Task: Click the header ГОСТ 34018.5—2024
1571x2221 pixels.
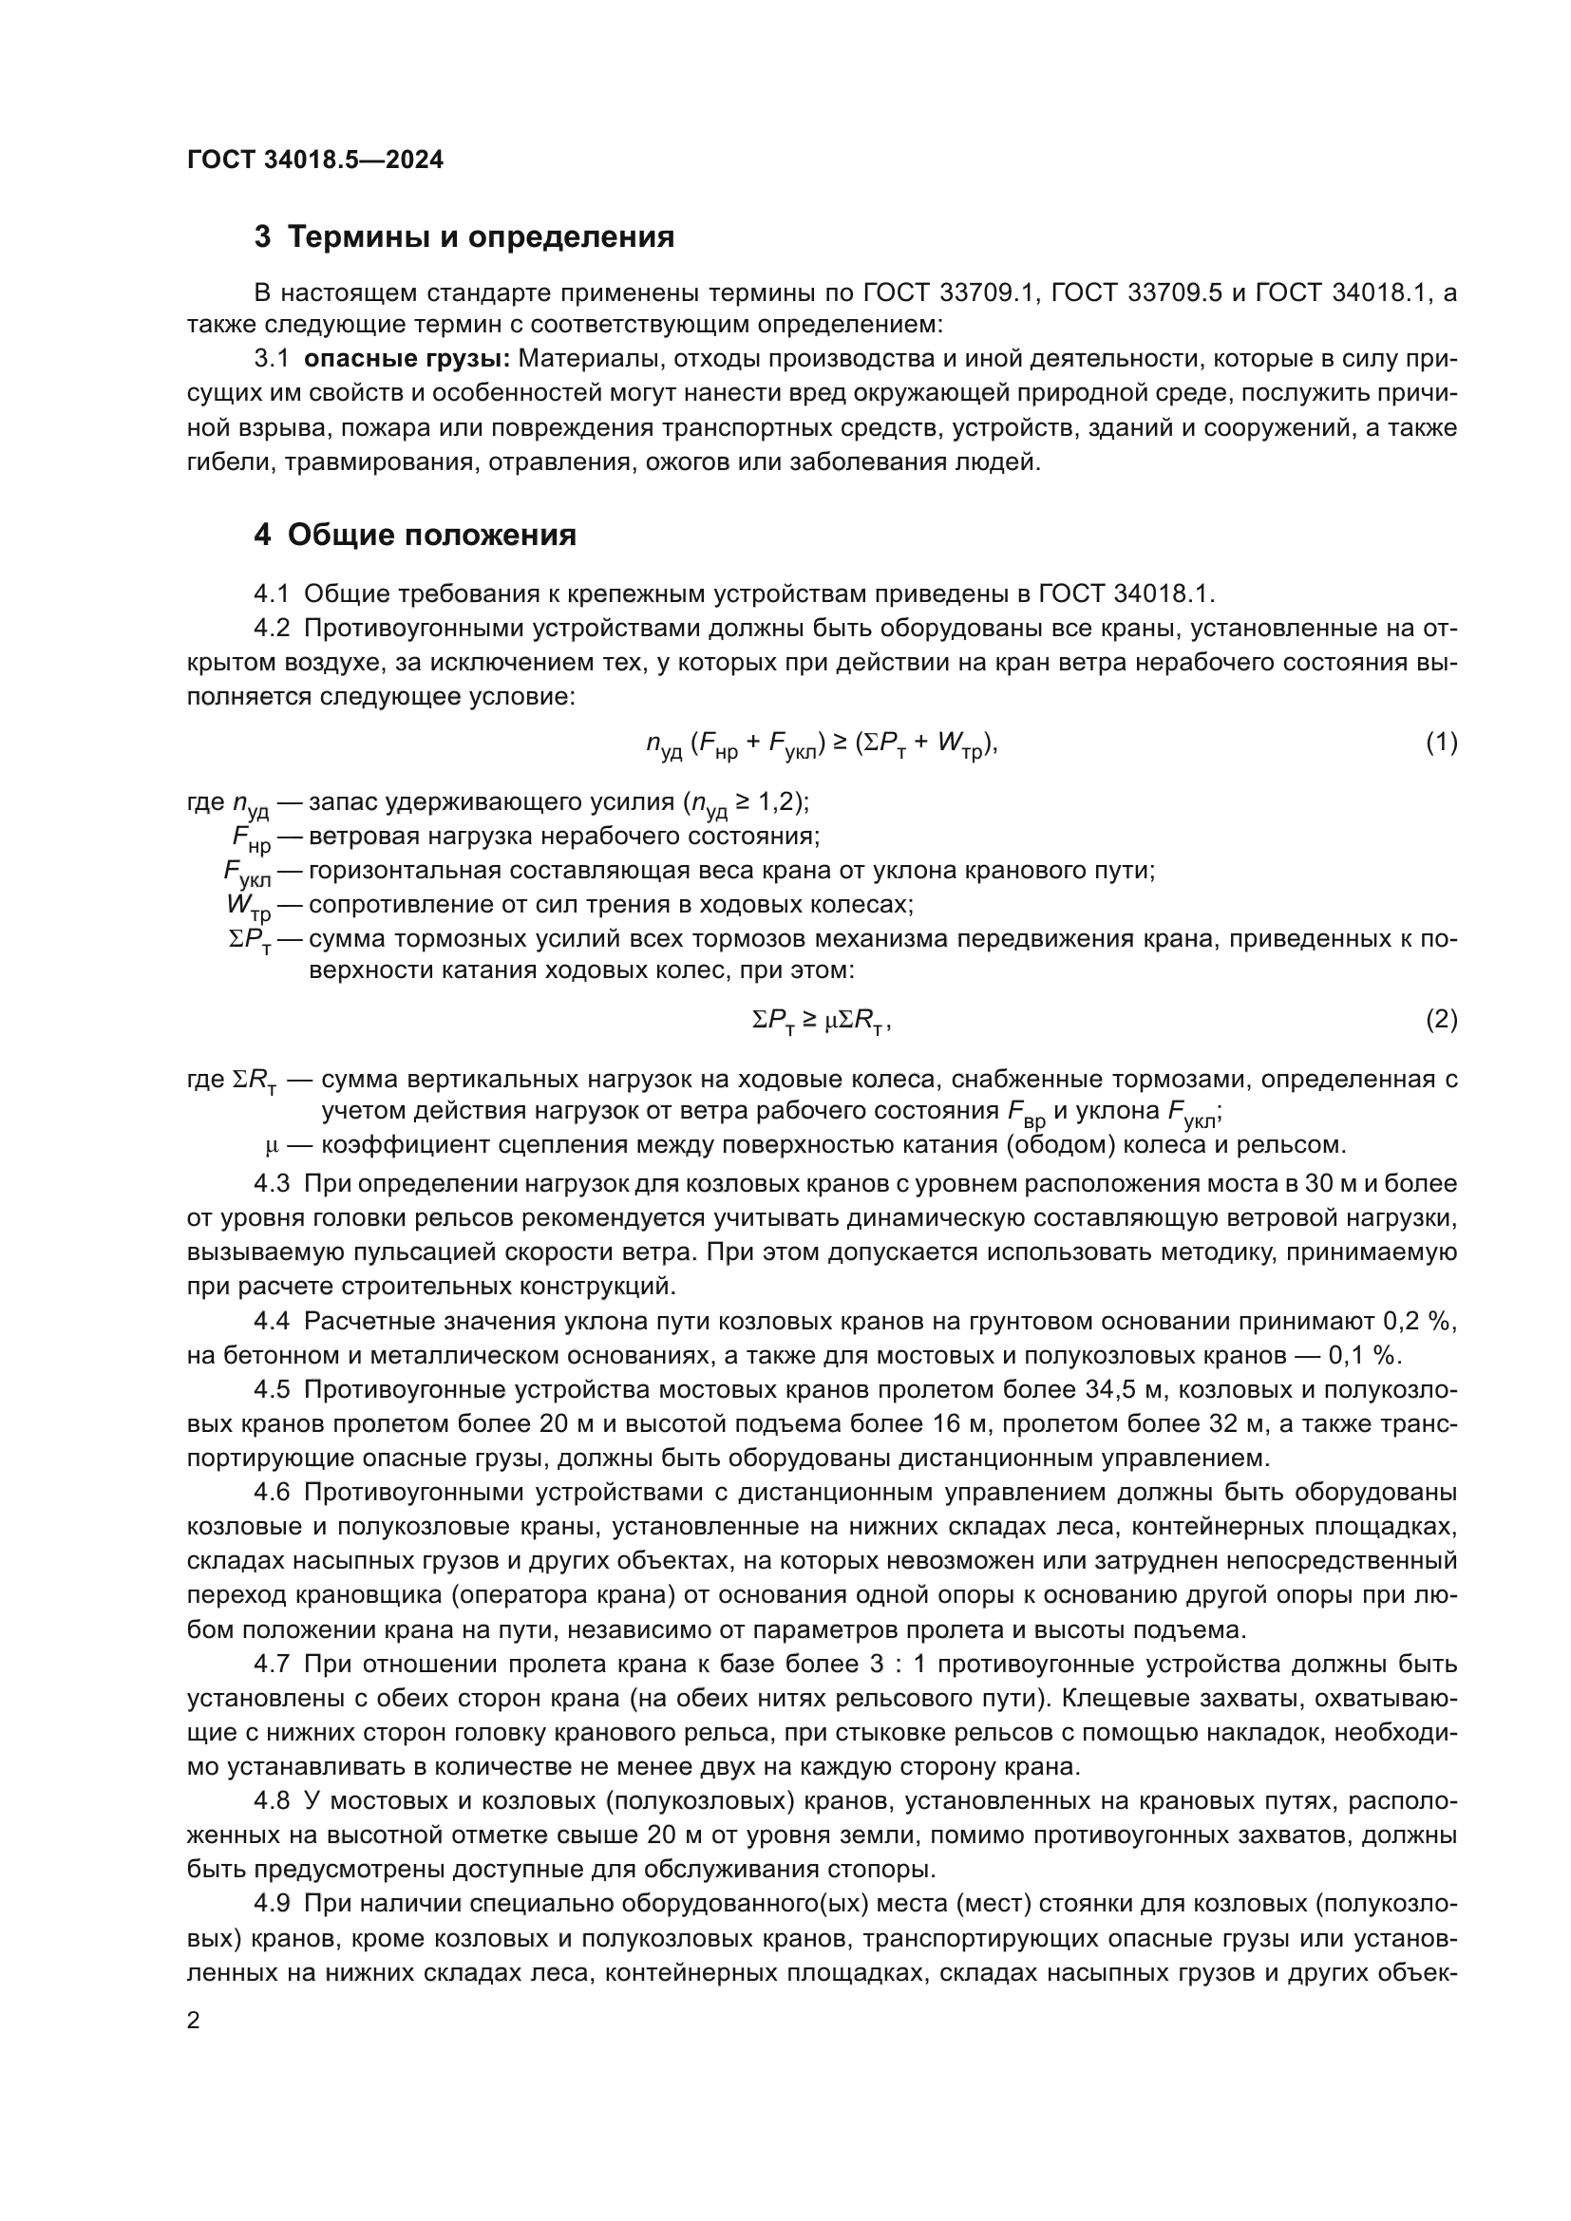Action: [314, 160]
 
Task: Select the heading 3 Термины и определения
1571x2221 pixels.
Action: [464, 237]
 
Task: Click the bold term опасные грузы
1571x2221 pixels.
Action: [407, 359]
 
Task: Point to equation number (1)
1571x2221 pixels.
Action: [1442, 742]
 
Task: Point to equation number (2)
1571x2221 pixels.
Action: [1442, 1019]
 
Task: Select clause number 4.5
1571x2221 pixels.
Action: [272, 1390]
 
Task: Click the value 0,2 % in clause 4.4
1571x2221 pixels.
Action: [1420, 1322]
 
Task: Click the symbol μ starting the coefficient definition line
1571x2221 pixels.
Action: [272, 1146]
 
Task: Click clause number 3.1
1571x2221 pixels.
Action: [272, 359]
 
